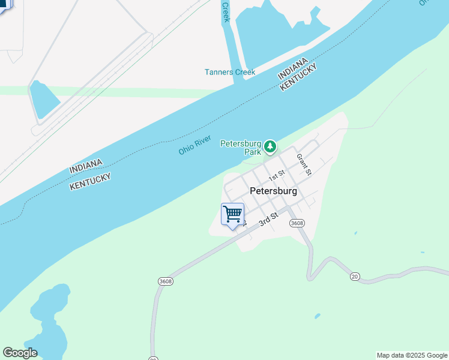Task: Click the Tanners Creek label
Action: [x=229, y=72]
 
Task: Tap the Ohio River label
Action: [x=194, y=145]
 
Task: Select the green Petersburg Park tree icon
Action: [x=271, y=146]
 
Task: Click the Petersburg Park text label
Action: [x=241, y=148]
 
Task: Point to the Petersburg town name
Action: [x=273, y=191]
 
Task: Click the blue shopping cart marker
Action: [x=232, y=214]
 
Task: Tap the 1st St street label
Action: [x=276, y=176]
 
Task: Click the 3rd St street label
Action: [x=268, y=218]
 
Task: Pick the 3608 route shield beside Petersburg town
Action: [x=297, y=223]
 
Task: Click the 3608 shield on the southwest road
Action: [x=166, y=281]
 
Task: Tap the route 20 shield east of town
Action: [x=355, y=276]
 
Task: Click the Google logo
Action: [x=20, y=353]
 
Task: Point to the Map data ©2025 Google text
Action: [x=412, y=355]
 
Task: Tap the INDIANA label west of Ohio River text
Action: [x=86, y=166]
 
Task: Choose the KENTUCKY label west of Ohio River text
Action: [x=91, y=180]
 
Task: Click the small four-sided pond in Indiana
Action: [x=44, y=99]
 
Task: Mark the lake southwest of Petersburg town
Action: [x=50, y=318]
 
